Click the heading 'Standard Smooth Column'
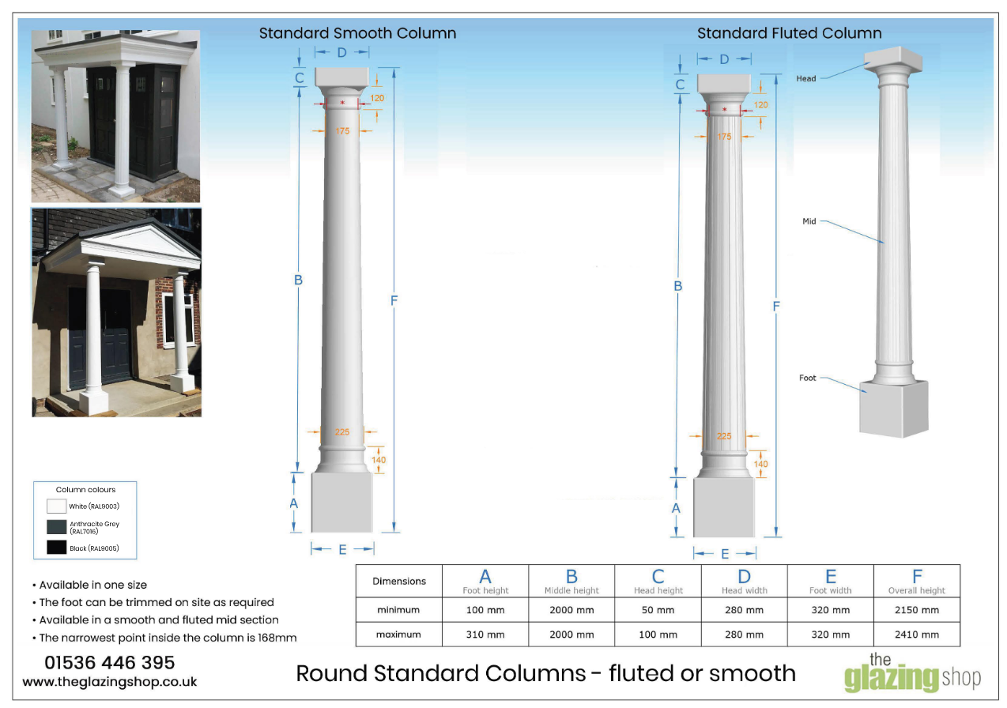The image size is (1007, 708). point(357,33)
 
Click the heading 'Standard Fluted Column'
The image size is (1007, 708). point(789,33)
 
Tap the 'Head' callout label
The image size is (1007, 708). point(806,78)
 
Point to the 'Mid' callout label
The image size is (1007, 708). point(809,222)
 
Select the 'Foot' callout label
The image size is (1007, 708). point(807,378)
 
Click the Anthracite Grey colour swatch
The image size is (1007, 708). point(56,527)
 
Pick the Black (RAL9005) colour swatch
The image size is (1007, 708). point(56,548)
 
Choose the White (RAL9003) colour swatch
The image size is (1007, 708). point(56,507)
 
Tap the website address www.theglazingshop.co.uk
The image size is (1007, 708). point(110,681)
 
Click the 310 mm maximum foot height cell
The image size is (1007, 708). point(485,635)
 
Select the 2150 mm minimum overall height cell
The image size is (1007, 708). point(917,610)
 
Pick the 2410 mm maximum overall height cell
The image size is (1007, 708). point(917,635)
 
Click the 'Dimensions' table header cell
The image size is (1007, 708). point(399,582)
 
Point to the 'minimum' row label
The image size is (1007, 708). point(399,610)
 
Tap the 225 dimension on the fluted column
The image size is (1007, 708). point(724,436)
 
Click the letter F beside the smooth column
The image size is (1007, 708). point(394,300)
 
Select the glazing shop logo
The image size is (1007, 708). point(912,673)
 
